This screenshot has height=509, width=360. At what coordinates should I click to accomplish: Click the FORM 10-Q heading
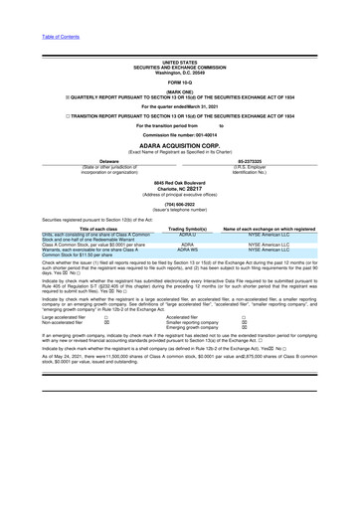point(180,81)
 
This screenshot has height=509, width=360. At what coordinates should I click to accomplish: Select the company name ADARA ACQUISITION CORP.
point(180,144)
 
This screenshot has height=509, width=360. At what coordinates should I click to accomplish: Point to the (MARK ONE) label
point(180,90)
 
